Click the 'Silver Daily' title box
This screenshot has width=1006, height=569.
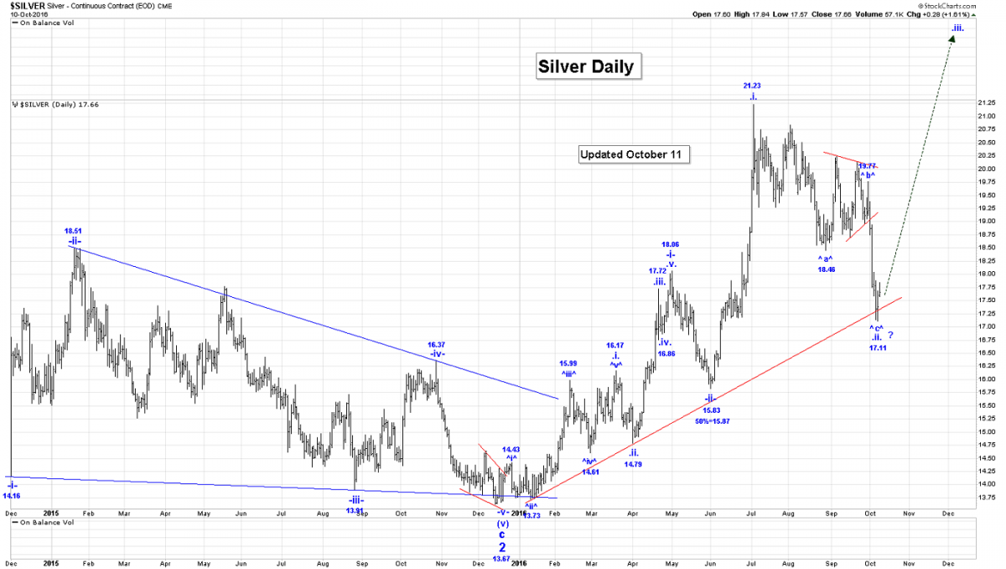pos(589,66)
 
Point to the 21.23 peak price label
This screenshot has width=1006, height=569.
pos(752,86)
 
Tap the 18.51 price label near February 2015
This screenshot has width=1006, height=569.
pos(74,230)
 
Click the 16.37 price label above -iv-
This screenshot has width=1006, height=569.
pos(436,344)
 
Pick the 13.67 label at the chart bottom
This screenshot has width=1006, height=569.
pos(501,559)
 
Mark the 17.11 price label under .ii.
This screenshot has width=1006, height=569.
pos(878,347)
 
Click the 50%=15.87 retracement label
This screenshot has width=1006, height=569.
pos(713,420)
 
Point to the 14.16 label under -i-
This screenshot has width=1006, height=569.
pos(12,496)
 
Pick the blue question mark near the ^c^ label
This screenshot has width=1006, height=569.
pos(890,336)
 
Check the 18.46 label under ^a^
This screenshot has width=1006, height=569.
pos(827,269)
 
